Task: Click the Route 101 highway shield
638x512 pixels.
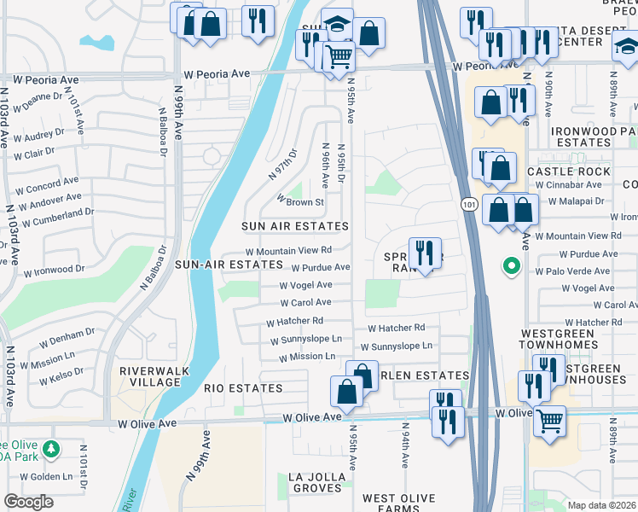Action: (x=469, y=205)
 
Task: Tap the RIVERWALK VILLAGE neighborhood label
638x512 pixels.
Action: (x=150, y=376)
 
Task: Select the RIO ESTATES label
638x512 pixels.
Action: (x=243, y=388)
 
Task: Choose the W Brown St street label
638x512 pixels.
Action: (x=299, y=202)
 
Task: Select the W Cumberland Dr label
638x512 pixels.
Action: (x=57, y=217)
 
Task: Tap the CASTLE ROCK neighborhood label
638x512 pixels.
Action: (x=569, y=172)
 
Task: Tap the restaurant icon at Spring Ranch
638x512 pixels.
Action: (x=424, y=253)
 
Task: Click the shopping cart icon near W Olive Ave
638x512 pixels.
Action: (x=549, y=419)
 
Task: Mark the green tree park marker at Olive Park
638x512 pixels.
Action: (x=50, y=448)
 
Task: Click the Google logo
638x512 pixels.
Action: (x=28, y=501)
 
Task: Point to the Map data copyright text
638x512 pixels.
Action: (x=602, y=505)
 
